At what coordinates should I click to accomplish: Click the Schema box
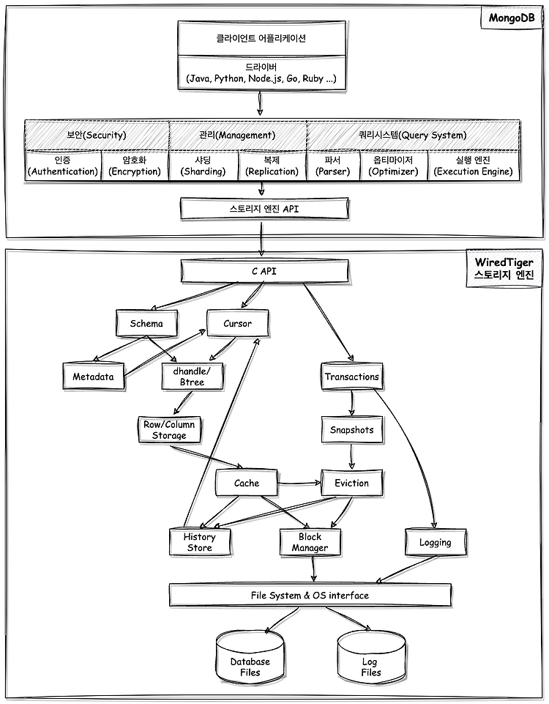click(146, 323)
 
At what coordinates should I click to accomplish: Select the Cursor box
click(238, 323)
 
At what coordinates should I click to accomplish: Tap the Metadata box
click(94, 377)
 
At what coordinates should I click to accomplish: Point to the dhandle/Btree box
click(193, 377)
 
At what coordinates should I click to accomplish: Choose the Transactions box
click(352, 377)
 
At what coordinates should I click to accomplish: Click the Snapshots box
click(352, 430)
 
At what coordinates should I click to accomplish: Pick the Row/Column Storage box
click(169, 430)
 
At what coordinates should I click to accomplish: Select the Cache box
click(247, 483)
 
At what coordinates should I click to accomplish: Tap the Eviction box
click(352, 483)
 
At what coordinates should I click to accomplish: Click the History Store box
click(200, 542)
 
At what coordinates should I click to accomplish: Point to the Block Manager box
click(310, 542)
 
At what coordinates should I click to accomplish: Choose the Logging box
click(436, 542)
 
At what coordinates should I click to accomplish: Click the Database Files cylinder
click(250, 656)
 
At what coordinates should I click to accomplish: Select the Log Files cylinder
click(371, 656)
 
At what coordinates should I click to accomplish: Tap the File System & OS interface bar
click(310, 596)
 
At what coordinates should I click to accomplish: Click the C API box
click(264, 271)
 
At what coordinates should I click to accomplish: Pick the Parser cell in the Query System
click(333, 166)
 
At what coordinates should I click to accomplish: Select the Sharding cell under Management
click(203, 166)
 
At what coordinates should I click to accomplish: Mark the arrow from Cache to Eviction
click(299, 483)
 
